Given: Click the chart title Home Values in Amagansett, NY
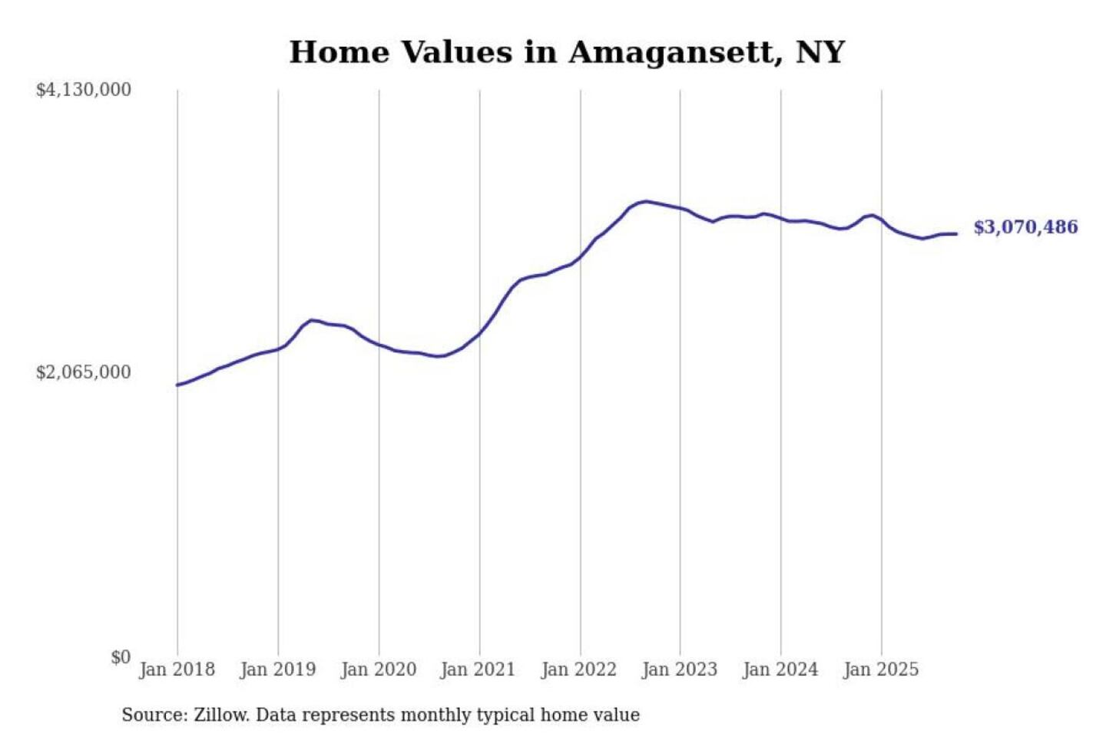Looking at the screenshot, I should pyautogui.click(x=567, y=52).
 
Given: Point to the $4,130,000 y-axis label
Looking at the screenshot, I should pyautogui.click(x=84, y=90).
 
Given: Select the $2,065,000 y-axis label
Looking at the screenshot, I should pyautogui.click(x=84, y=372).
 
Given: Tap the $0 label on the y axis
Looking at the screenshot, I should pyautogui.click(x=121, y=657).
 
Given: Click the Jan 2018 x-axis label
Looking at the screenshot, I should pyautogui.click(x=177, y=669).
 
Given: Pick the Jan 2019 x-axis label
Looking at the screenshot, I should pyautogui.click(x=278, y=669).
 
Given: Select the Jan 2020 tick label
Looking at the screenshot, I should pyautogui.click(x=379, y=669).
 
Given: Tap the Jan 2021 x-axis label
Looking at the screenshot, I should pyautogui.click(x=478, y=669).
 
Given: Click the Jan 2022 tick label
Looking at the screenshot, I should pyautogui.click(x=579, y=669).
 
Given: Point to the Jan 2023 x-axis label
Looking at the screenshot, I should pyautogui.click(x=680, y=669).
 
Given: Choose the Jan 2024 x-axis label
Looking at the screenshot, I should pyautogui.click(x=780, y=669).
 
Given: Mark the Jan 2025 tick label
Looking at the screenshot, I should pyautogui.click(x=881, y=669).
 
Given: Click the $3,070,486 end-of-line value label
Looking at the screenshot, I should pyautogui.click(x=1025, y=227).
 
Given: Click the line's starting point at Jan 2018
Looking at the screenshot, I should pyautogui.click(x=177, y=385).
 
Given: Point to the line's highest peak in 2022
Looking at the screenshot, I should pyautogui.click(x=647, y=201).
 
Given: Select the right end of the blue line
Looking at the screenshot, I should pyautogui.click(x=956, y=233).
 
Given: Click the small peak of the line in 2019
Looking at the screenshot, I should pyautogui.click(x=311, y=320).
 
